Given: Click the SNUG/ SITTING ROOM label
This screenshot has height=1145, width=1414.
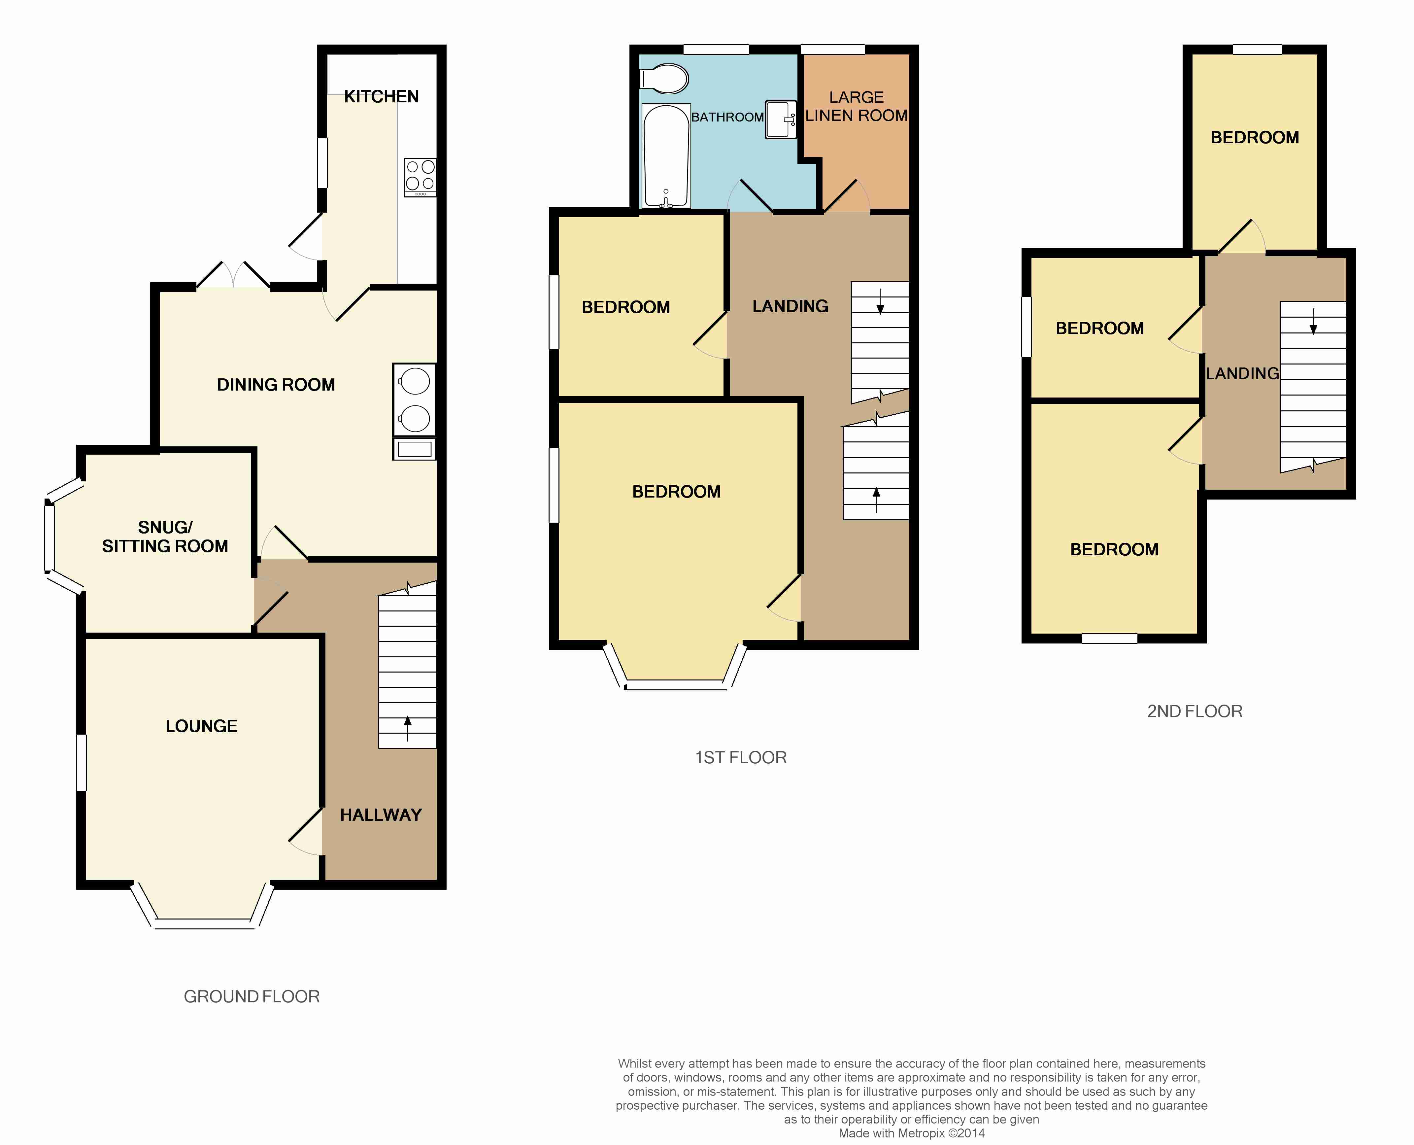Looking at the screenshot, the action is coord(165,536).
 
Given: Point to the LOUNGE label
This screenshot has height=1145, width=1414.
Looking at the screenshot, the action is coord(201,726).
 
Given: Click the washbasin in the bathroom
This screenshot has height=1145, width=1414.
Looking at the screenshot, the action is coord(781,120).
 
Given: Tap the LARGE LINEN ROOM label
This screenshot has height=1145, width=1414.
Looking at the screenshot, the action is coord(856,106).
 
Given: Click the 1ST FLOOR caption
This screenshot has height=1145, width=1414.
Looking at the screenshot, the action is coord(741,757).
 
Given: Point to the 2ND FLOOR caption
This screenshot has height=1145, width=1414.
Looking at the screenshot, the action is coord(1195,711).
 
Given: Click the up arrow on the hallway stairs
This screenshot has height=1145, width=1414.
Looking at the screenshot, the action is coord(407,729).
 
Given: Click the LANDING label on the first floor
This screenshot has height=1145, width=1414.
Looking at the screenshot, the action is coord(791,306).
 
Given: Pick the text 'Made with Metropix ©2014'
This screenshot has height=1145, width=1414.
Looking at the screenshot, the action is coord(912,1133).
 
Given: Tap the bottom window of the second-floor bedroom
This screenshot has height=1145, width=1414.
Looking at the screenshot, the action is coord(1109,639).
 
